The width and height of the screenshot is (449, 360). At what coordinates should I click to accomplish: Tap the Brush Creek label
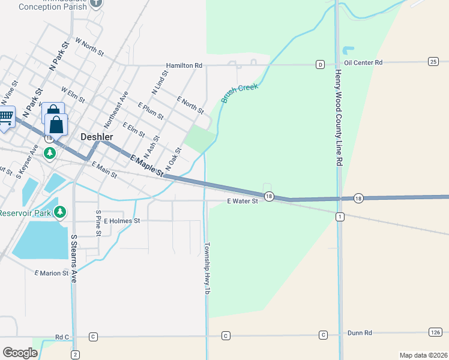pyautogui.click(x=240, y=93)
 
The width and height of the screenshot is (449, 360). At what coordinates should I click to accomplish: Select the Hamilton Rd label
pyautogui.click(x=184, y=65)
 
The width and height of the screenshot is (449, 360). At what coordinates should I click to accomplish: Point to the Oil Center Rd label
pyautogui.click(x=363, y=62)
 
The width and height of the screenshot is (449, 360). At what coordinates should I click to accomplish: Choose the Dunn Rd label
pyautogui.click(x=360, y=332)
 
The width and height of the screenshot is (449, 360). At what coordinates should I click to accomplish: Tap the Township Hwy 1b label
pyautogui.click(x=207, y=268)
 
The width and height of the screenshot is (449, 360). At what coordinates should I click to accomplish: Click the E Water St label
pyautogui.click(x=243, y=202)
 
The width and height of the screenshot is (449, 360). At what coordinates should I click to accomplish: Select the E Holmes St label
pyautogui.click(x=122, y=221)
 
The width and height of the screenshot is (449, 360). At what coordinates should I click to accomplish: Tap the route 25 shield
pyautogui.click(x=433, y=61)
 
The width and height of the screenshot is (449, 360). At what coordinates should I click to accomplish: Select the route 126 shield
pyautogui.click(x=436, y=332)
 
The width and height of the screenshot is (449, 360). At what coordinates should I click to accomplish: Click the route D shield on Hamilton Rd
pyautogui.click(x=321, y=64)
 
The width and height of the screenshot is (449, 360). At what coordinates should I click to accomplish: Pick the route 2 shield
pyautogui.click(x=75, y=355)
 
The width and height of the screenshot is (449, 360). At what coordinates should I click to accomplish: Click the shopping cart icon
pyautogui.click(x=6, y=117)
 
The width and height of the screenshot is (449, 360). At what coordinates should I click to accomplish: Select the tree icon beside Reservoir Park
pyautogui.click(x=59, y=212)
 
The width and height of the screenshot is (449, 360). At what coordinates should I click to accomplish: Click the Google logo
pyautogui.click(x=20, y=353)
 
